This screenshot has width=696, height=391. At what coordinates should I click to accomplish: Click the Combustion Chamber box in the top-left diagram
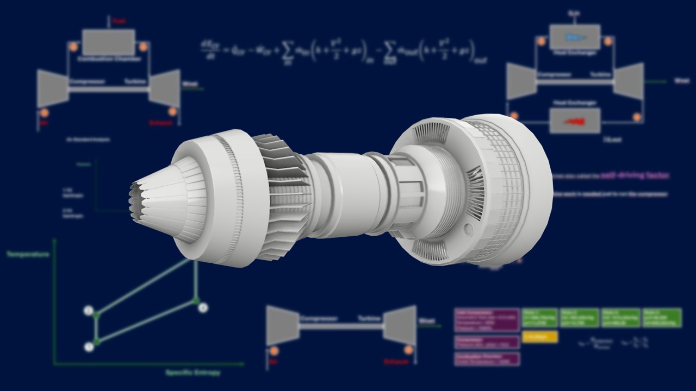pyautogui.click(x=108, y=42)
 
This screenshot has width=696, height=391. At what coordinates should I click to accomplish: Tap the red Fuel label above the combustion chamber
pyautogui.click(x=119, y=22)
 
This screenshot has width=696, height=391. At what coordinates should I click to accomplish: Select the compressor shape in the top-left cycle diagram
pyautogui.click(x=53, y=88)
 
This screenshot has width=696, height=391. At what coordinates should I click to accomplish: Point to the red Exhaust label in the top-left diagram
pyautogui.click(x=161, y=123)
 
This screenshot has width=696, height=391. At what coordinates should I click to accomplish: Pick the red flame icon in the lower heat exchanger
pyautogui.click(x=574, y=121)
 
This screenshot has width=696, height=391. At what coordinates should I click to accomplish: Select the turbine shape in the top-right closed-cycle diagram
pyautogui.click(x=629, y=81)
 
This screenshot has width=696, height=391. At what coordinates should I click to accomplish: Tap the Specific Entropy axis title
pyautogui.click(x=193, y=373)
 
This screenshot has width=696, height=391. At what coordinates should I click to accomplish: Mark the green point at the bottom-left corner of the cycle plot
pyautogui.click(x=96, y=342)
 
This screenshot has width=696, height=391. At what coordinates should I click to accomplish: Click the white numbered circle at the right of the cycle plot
pyautogui.click(x=203, y=307)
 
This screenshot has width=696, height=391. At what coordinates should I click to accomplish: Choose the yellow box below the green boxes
pyautogui.click(x=539, y=337)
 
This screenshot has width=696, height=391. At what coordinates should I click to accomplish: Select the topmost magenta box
pyautogui.click(x=487, y=320)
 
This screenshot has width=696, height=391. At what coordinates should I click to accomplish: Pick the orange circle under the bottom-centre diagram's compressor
pyautogui.click(x=274, y=351)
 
